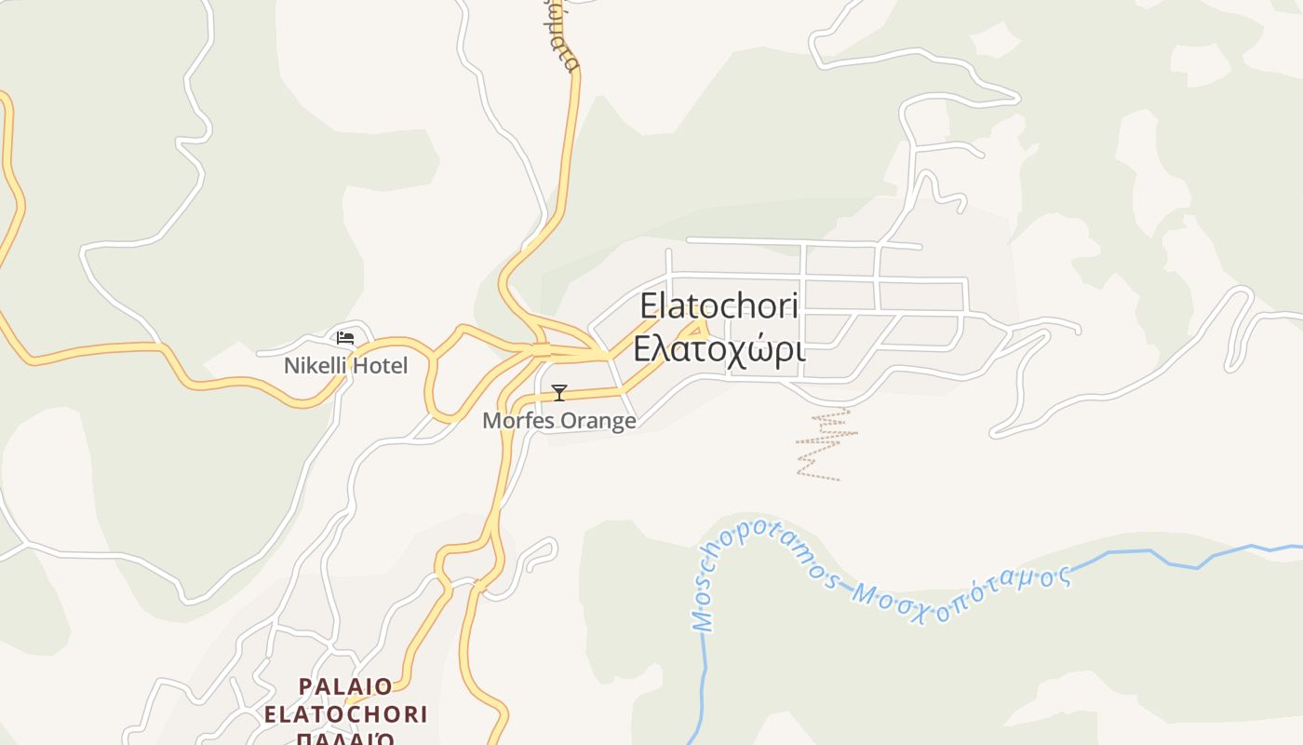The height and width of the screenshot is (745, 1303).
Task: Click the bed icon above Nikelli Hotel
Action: click(x=345, y=338)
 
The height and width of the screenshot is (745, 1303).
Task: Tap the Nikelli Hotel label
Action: click(x=345, y=366)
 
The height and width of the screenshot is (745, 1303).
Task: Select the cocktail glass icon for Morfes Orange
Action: click(x=558, y=393)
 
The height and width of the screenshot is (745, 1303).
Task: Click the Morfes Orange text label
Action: click(x=558, y=421)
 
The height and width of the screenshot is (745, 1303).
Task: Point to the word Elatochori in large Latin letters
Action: click(x=719, y=306)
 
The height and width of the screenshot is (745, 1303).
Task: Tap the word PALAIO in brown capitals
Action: click(x=345, y=687)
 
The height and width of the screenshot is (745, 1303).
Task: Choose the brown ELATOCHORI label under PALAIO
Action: click(x=345, y=715)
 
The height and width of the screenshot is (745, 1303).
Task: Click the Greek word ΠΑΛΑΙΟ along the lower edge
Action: click(x=345, y=738)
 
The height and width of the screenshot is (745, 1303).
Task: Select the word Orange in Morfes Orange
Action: click(x=597, y=421)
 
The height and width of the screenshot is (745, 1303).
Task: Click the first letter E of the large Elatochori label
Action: click(x=650, y=306)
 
